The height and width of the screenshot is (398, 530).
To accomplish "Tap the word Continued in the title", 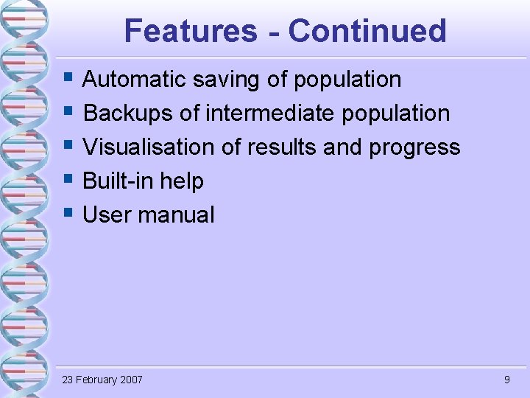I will (x=367, y=31).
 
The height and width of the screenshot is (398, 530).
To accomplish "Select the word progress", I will (x=414, y=147).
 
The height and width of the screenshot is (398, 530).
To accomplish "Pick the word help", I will (x=183, y=181).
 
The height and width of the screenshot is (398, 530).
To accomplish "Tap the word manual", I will (x=176, y=214).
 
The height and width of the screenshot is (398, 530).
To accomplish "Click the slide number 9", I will (x=506, y=380).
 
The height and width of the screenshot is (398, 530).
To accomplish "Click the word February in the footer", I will (x=95, y=380).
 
